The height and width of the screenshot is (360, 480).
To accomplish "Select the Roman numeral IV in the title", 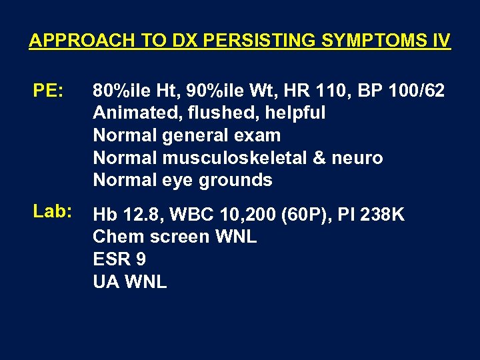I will pyautogui.click(x=441, y=41).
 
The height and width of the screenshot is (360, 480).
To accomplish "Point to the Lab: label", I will pyautogui.click(x=53, y=211).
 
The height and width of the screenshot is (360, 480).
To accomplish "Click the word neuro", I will pyautogui.click(x=357, y=158).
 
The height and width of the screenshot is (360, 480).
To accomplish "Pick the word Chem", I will pyautogui.click(x=114, y=237).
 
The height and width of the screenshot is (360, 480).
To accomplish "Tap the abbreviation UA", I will pyautogui.click(x=105, y=282).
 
